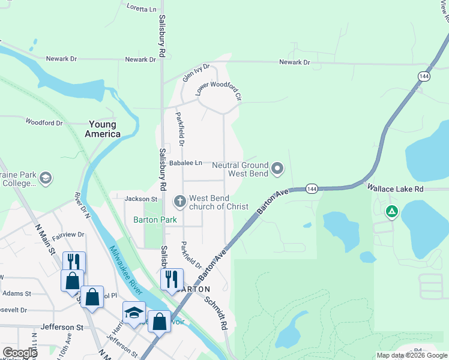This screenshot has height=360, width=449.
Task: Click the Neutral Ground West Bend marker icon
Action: coord(277,169)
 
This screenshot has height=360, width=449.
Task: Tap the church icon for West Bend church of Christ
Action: coord(179,201)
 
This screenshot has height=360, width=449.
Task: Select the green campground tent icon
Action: coord(391,211)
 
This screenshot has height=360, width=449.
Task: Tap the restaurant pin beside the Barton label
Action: coord(172,278)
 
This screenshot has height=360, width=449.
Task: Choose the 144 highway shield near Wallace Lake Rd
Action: coord(311,188)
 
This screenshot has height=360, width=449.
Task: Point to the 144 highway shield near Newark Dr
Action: coord(424,76)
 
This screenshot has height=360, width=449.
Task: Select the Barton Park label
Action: coord(155,220)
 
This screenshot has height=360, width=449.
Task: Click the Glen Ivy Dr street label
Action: coord(196,73)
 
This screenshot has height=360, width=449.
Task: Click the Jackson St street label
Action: coord(140,199)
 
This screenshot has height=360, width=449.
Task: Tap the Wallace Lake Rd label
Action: coord(396,188)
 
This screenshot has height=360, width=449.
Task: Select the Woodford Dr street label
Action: coord(44,122)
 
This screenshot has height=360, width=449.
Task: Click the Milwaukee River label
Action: coord(127,271)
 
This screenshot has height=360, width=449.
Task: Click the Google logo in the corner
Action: coord(20,353)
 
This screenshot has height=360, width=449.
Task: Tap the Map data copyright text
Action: coord(412,355)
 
